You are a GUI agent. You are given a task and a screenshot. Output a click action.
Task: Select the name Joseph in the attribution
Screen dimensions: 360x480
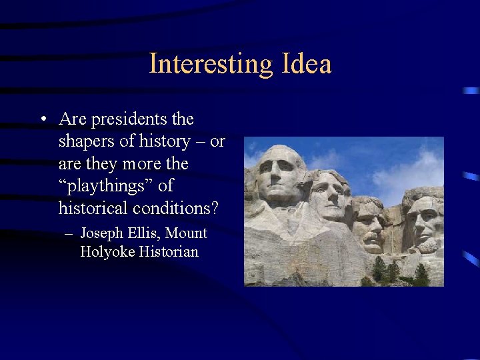point(101,233)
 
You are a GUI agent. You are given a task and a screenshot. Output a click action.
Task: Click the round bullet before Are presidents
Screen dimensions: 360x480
point(43,120)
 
